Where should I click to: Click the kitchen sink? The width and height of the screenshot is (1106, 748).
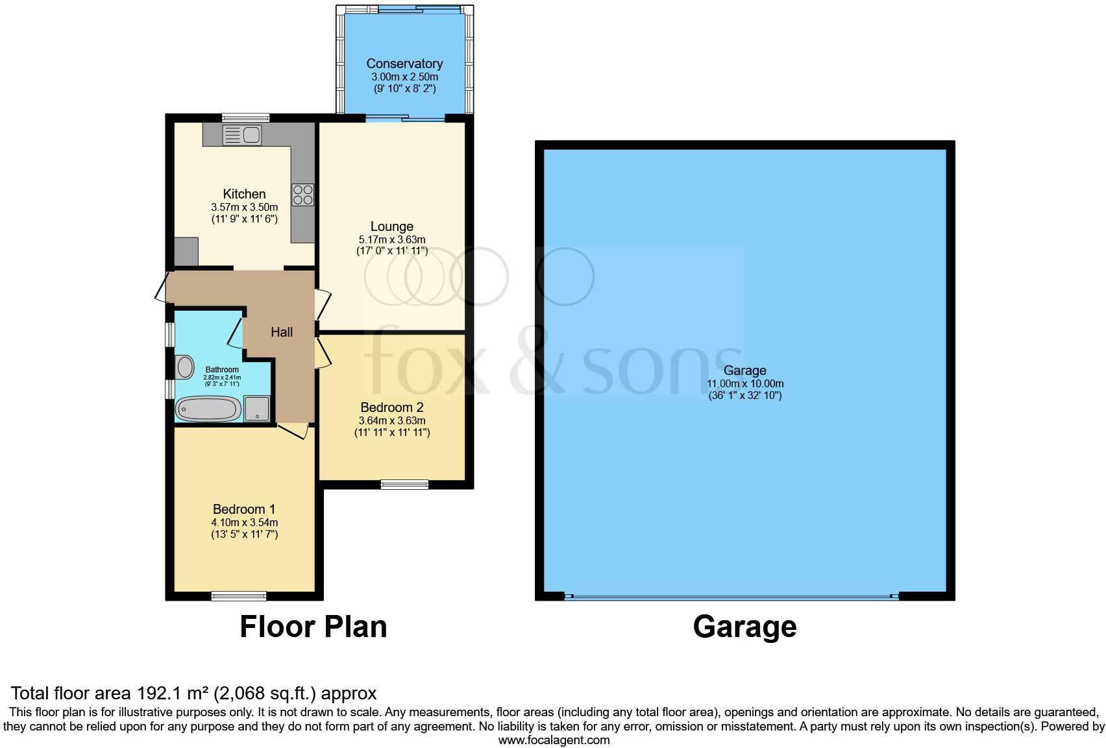[242, 135]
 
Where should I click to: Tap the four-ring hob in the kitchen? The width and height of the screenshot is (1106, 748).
[303, 195]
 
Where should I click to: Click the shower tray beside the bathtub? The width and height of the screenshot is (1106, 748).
[258, 408]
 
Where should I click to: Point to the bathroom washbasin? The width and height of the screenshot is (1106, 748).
[186, 367]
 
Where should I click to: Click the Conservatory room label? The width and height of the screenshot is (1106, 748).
[404, 64]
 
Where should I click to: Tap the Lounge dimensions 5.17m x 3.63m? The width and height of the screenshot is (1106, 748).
[391, 239]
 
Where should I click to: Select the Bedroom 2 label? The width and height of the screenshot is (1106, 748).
[391, 407]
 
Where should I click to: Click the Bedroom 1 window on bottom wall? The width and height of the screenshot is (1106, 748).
[239, 596]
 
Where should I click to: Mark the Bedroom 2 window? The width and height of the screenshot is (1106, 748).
[404, 484]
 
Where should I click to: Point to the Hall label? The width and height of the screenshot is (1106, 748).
[282, 332]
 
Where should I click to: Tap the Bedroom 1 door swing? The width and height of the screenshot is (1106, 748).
[293, 431]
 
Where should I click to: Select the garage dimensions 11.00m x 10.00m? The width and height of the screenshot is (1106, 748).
[744, 383]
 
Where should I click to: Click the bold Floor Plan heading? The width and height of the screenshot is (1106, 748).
[313, 627]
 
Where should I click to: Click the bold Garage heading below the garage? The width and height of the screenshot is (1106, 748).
[744, 627]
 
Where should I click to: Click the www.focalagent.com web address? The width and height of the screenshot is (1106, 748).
[554, 740]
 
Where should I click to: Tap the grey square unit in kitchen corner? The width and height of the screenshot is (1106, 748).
[186, 252]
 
